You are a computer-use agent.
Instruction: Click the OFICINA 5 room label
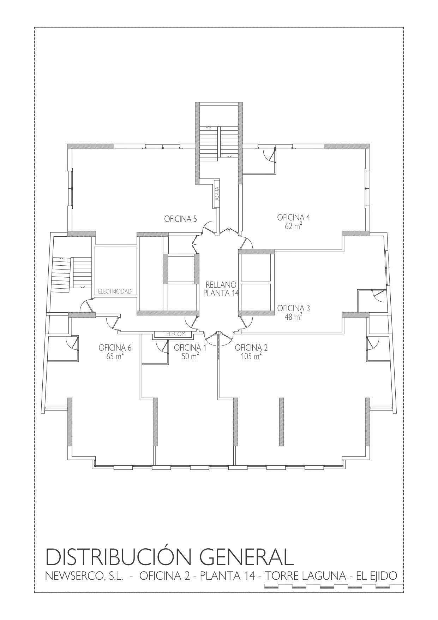180,219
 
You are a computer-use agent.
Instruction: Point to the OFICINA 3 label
294,308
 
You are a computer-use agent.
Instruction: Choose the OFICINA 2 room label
251,348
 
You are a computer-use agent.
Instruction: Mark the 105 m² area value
251,356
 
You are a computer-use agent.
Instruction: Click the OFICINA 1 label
190,348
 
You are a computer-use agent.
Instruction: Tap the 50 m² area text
190,356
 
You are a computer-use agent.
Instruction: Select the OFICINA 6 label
115,348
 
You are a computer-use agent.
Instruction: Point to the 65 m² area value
115,356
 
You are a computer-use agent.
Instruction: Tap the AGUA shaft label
217,194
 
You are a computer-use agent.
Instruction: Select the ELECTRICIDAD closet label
115,291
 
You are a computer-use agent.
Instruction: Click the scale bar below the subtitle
334,587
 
